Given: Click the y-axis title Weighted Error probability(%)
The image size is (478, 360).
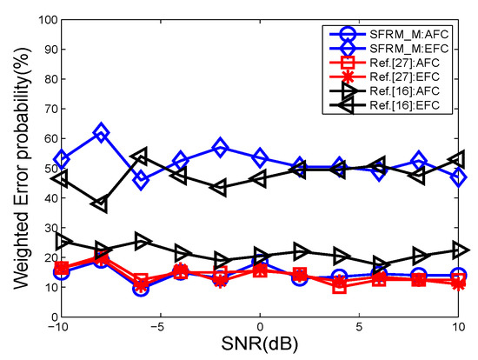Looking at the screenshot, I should (x=17, y=166).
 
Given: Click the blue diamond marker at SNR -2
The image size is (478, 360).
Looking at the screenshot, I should (x=221, y=148).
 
